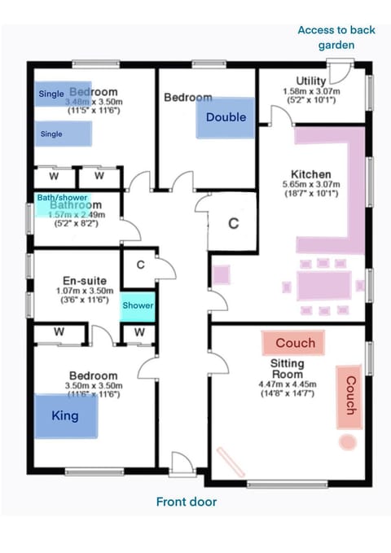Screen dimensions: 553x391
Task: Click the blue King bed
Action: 65,416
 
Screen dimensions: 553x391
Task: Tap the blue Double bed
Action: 226,117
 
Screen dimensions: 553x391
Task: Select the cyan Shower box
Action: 138,305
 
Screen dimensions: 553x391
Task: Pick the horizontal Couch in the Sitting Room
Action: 294,343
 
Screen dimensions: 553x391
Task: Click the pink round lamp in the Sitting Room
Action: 348,442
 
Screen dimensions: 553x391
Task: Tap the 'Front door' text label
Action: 187,502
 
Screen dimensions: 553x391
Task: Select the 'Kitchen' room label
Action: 311,174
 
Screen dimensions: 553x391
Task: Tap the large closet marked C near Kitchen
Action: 233,224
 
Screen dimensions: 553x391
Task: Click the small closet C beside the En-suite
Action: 140,265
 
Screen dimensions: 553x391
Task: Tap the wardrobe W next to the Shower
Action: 139,332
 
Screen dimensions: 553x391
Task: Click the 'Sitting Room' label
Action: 287,369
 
